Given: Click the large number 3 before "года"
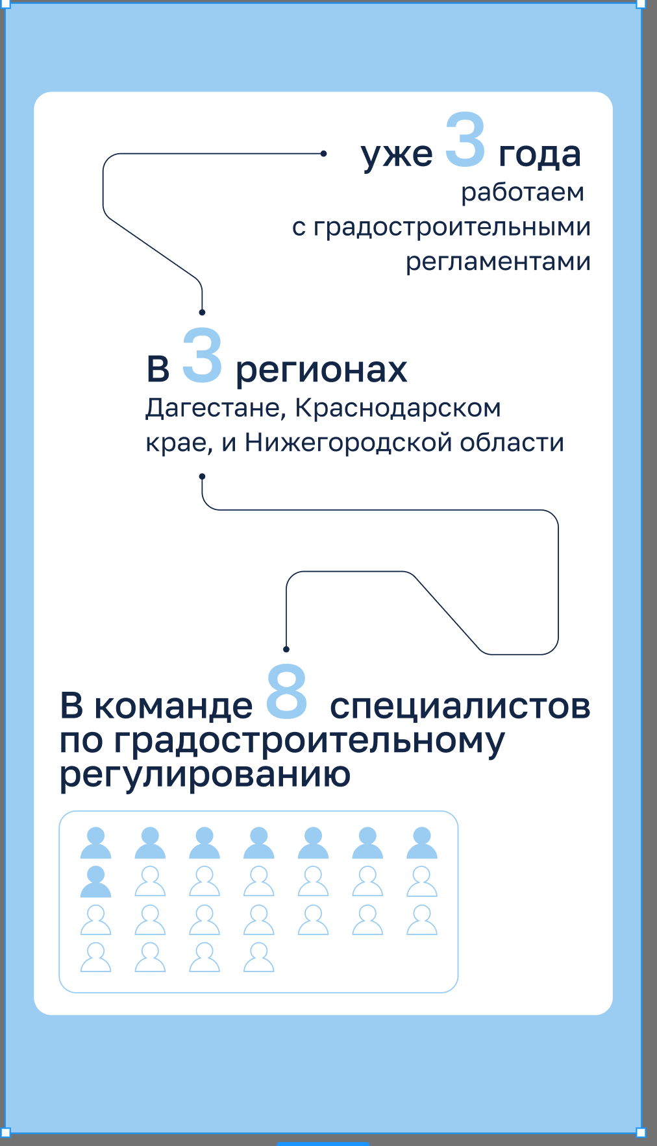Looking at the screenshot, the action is (465, 140).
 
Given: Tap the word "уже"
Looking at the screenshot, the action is (397, 156).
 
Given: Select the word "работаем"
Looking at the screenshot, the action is (523, 193).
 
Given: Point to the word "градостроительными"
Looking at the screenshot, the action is (452, 227).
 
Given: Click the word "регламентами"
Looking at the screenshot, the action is (498, 262).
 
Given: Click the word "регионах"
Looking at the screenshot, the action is (321, 370).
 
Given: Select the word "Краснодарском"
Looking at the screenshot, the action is (398, 408).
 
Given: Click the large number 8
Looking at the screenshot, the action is (286, 692).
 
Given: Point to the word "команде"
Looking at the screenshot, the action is (173, 706).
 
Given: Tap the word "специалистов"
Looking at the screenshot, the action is (460, 706).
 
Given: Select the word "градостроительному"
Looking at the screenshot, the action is (309, 741).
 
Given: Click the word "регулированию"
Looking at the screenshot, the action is (205, 775).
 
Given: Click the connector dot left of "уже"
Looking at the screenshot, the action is (323, 154).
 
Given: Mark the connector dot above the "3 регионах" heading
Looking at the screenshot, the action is (202, 312).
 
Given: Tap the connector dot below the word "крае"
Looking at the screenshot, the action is (202, 476).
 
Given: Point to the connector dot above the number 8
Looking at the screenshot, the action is (286, 649).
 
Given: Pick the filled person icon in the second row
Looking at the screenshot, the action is (95, 882).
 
